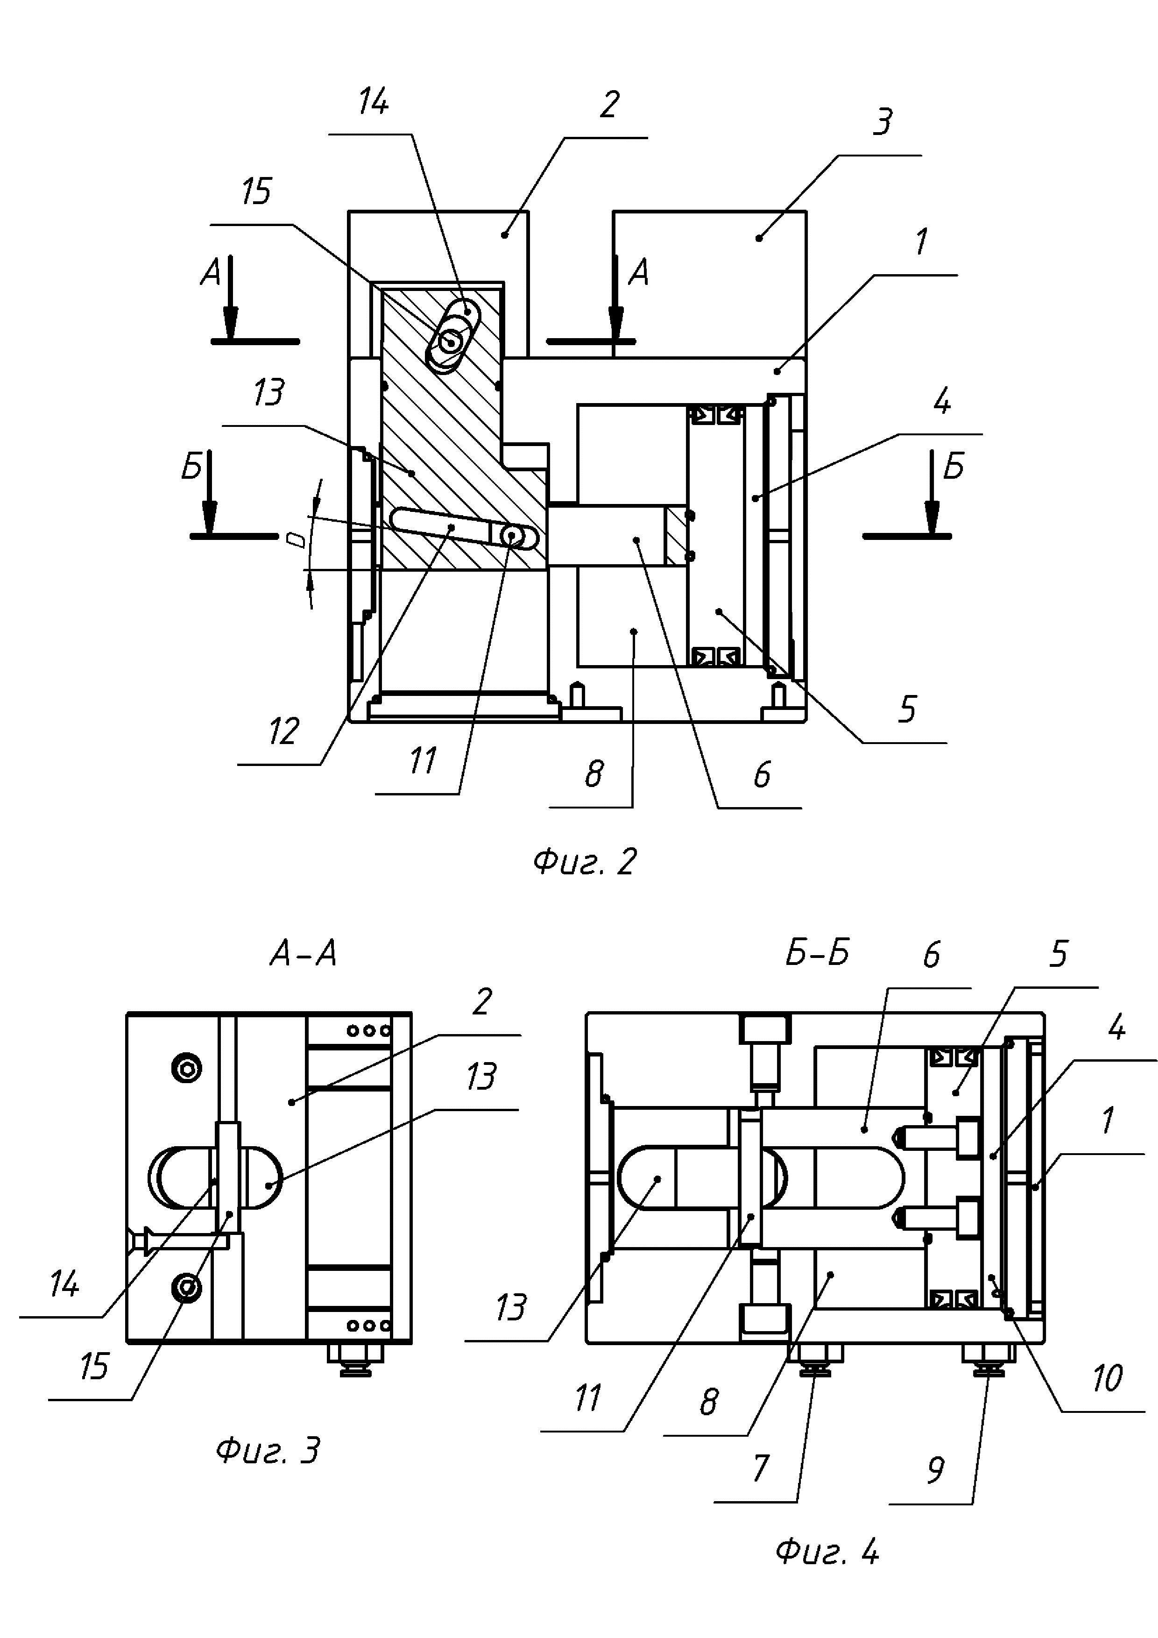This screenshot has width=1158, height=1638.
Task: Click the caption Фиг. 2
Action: pos(584,862)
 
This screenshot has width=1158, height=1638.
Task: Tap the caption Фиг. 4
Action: pos(827,1552)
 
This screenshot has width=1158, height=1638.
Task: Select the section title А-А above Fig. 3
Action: pos(303,954)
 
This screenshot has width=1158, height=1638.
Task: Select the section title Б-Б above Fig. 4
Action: pos(817,953)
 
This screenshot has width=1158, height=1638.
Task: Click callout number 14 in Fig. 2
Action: pos(373,101)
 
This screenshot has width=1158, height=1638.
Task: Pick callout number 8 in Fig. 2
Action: pos(594,773)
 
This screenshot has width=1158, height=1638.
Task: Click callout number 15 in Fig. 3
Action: pos(93,1366)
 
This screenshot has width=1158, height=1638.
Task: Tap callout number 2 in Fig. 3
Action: pos(482,1002)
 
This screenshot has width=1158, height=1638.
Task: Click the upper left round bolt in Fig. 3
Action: pos(187,1069)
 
